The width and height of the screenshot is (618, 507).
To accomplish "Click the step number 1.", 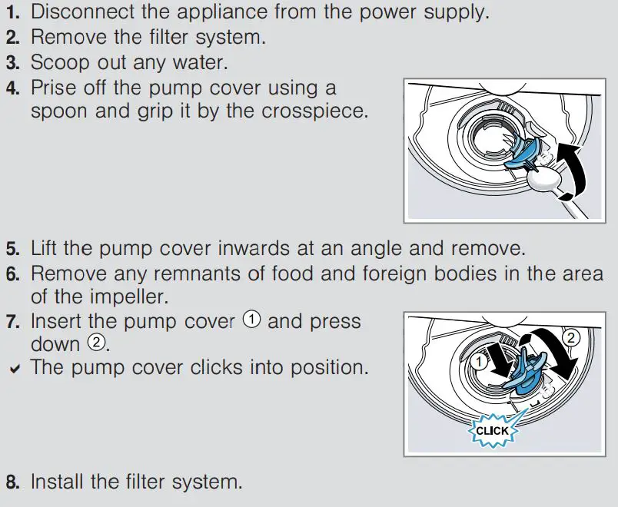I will coord(13,13).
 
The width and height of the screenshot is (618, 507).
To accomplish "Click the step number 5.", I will coord(13,249).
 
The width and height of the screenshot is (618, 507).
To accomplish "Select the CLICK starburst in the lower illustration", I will coord(492,431).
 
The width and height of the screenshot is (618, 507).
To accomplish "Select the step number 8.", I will coord(13,483).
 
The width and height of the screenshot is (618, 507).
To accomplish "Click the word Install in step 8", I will coord(58,482).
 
